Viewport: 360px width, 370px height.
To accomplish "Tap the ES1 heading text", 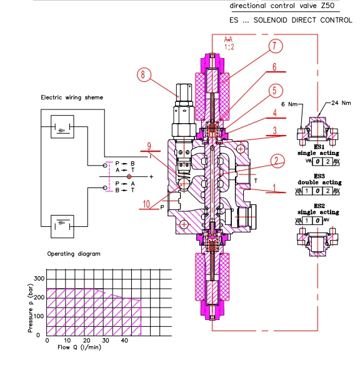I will [x=318, y=146].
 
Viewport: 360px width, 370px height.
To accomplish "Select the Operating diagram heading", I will [x=74, y=254].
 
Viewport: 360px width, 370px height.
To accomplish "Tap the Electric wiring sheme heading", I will [x=72, y=97].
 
